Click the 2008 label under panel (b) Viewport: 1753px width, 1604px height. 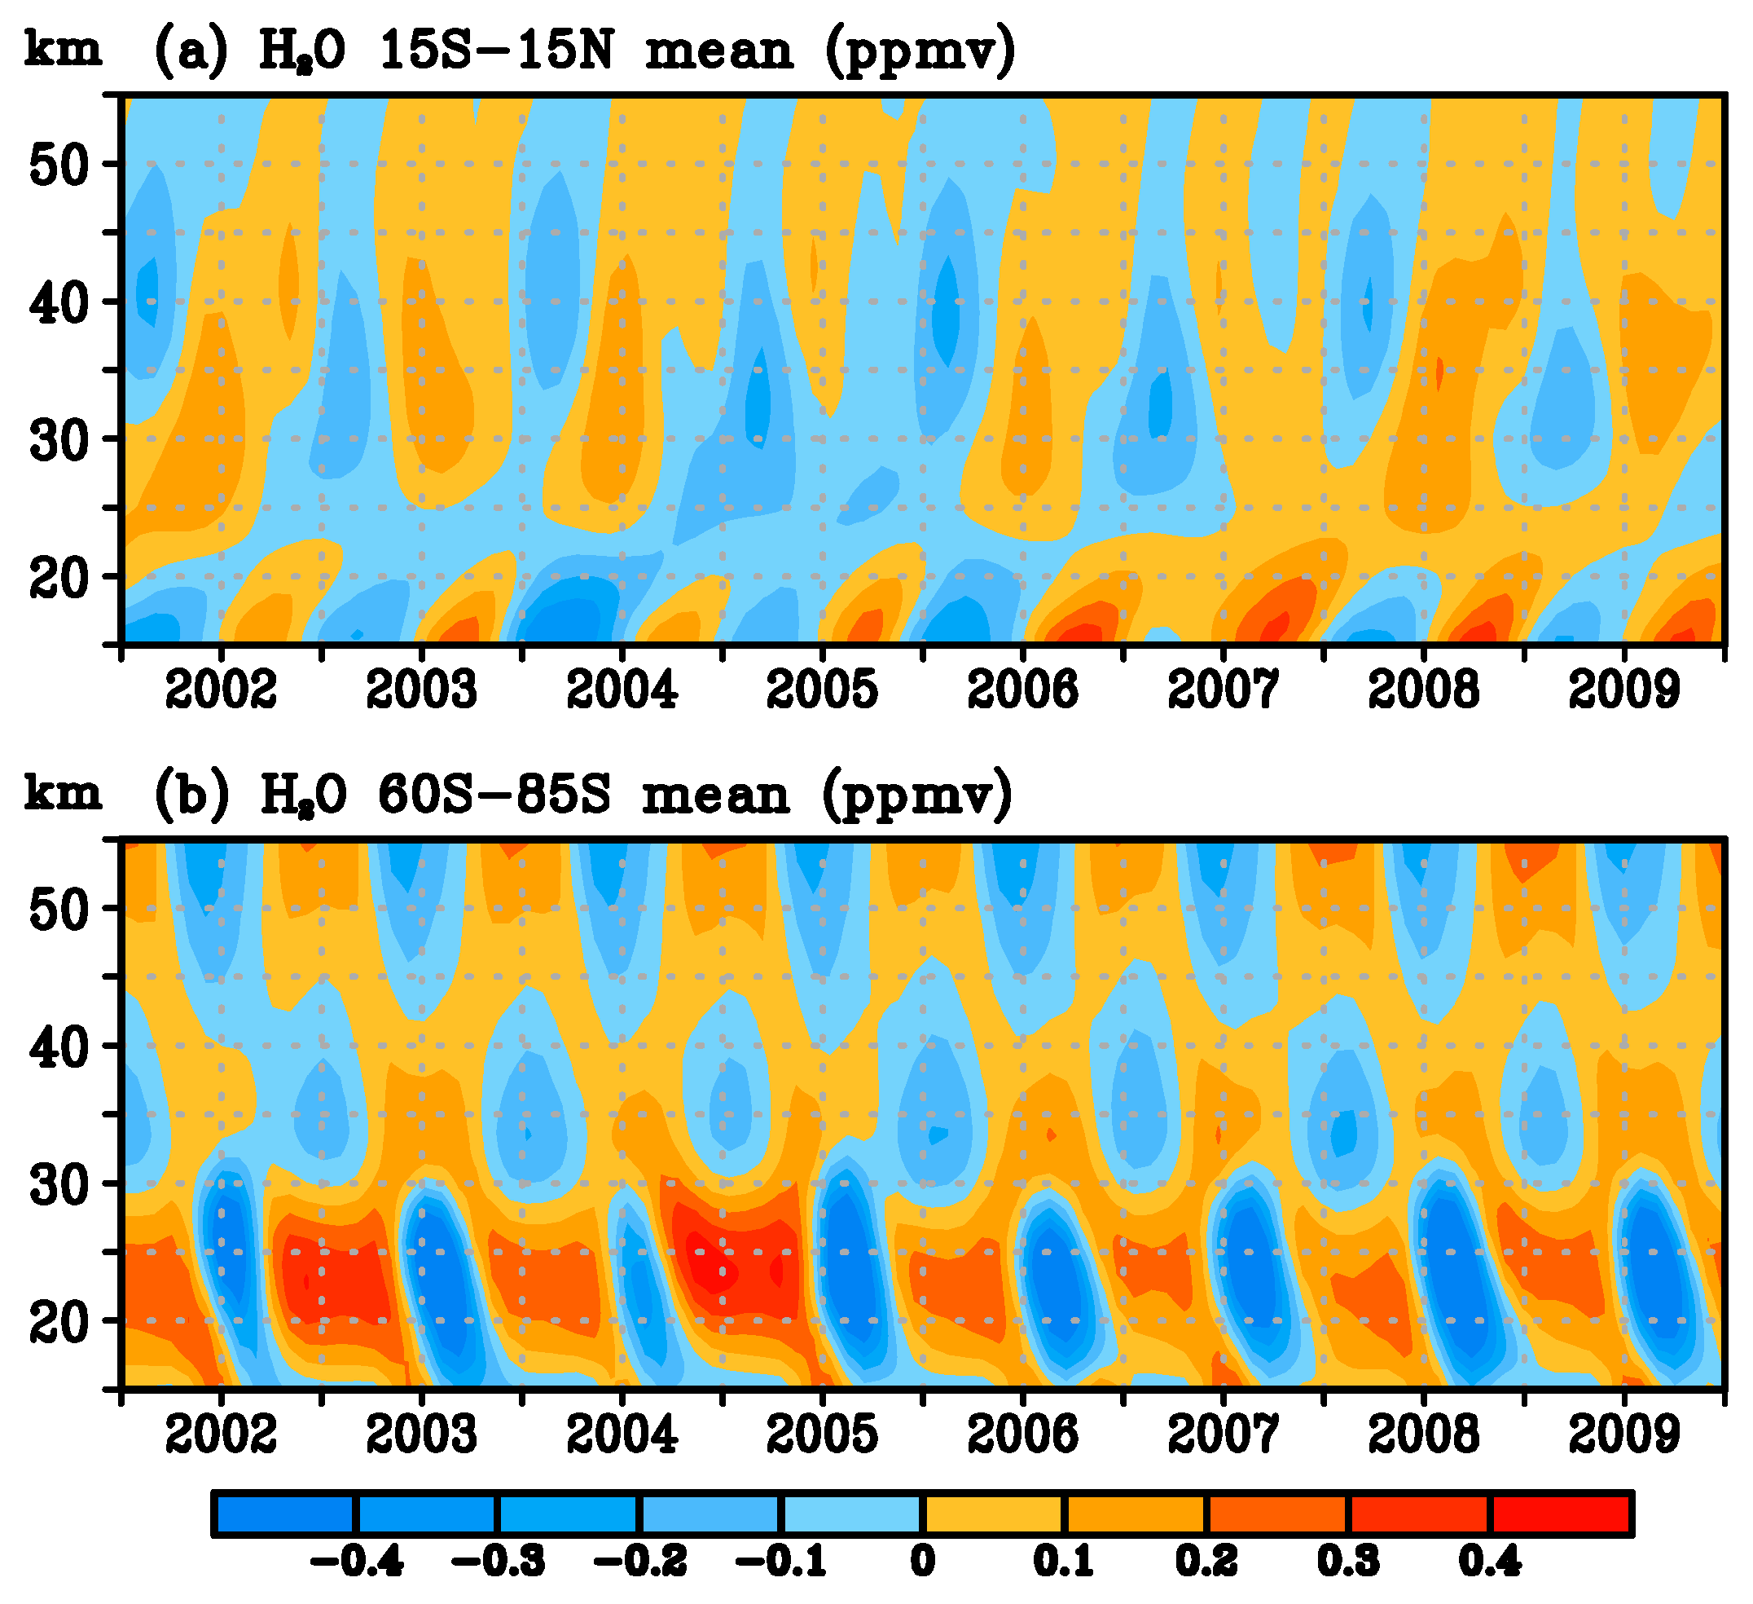point(1423,1434)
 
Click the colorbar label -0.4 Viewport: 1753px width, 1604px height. point(357,1562)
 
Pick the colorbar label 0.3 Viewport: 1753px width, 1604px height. point(1348,1562)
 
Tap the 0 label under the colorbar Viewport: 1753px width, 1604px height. point(923,1562)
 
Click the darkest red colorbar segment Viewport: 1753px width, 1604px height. point(1560,1514)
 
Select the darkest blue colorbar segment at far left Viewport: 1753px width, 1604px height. point(285,1514)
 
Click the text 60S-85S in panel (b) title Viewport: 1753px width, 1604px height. point(494,795)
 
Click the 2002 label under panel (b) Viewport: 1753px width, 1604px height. point(221,1434)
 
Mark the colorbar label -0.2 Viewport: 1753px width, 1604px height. point(640,1562)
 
